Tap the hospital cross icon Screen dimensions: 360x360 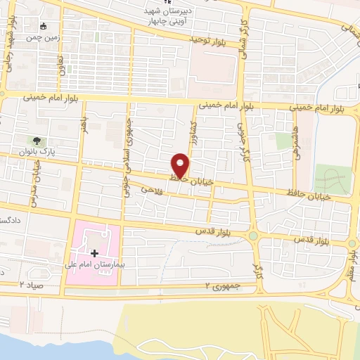click(95, 253)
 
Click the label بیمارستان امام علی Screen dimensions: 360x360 click(99, 265)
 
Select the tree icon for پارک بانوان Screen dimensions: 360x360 click(39, 141)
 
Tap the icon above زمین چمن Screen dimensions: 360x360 click(44, 26)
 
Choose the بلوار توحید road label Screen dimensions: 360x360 click(210, 41)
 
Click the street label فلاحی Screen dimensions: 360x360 click(152, 189)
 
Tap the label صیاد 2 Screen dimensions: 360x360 click(32, 284)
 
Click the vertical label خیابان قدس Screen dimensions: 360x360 click(32, 184)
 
